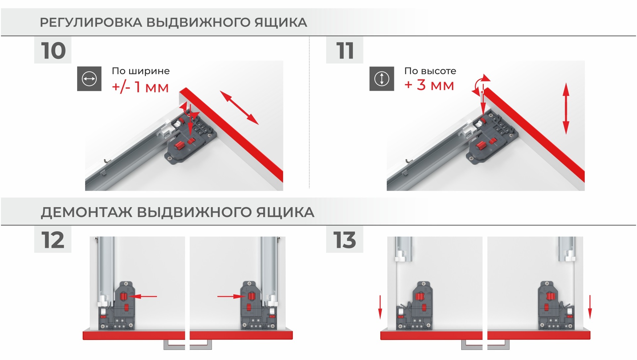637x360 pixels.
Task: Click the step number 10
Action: coord(53,51)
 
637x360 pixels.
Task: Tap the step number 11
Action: coord(345,51)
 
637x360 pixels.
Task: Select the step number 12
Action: coord(53,240)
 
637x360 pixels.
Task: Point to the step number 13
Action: coord(345,240)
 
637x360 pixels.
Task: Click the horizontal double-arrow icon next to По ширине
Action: coord(89,79)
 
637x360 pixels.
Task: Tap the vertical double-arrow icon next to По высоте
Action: coord(382,79)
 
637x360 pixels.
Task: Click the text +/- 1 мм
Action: coord(140,87)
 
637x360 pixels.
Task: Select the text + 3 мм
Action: coord(429,85)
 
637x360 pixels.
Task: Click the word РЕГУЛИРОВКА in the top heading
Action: coord(91,22)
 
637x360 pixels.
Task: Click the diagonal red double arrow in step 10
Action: coord(239,108)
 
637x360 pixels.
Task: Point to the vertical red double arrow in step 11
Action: coord(566,109)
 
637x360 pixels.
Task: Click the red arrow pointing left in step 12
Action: coord(142,296)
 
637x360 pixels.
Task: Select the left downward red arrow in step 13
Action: coord(380,307)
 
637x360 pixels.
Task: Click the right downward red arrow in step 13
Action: coord(590,307)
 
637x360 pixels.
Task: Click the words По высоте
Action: coord(430,71)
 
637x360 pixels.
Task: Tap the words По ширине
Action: coord(141,71)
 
